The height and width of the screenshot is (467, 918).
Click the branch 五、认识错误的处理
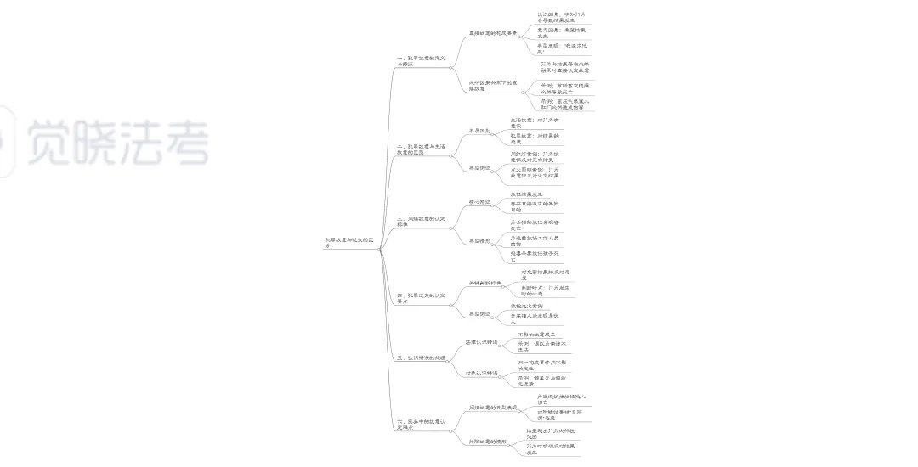422,357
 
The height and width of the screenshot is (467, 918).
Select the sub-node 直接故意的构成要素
493,32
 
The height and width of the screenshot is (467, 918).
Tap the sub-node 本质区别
479,131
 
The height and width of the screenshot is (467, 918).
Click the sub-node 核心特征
479,201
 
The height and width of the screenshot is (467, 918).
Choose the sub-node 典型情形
479,240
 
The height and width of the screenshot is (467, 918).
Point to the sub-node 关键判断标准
485,282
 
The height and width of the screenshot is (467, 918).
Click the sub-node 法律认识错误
481,342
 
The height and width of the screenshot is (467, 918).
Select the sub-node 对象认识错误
481,373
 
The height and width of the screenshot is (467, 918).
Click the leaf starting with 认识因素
561,17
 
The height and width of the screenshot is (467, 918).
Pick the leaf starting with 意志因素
561,33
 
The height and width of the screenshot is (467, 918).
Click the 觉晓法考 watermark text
118,142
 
